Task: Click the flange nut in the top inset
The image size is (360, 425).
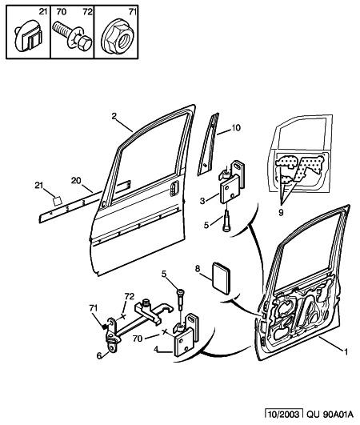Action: click(x=117, y=37)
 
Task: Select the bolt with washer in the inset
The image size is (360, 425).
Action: click(x=72, y=36)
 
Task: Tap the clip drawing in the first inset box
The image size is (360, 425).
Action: click(x=28, y=35)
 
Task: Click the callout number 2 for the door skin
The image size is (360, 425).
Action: click(x=114, y=116)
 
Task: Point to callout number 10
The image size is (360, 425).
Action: click(x=236, y=127)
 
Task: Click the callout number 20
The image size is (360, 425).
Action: click(x=76, y=180)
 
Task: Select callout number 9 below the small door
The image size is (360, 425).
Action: click(x=281, y=213)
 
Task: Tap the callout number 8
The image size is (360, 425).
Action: click(x=198, y=268)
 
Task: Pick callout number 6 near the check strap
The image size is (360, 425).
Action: click(x=99, y=355)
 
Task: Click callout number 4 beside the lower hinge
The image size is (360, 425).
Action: click(x=156, y=349)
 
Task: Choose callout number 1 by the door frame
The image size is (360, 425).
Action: click(x=346, y=352)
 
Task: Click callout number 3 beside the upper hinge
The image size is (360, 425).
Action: click(x=202, y=201)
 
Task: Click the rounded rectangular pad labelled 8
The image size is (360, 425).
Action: click(x=221, y=278)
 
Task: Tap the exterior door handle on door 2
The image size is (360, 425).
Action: click(x=174, y=187)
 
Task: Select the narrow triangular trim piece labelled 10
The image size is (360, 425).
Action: click(x=208, y=144)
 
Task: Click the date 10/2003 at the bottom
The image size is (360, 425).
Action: click(x=284, y=414)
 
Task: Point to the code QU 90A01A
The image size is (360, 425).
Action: click(x=330, y=414)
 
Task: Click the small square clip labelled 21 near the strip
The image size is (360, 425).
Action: click(x=57, y=201)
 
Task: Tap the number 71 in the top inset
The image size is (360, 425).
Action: click(x=132, y=12)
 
